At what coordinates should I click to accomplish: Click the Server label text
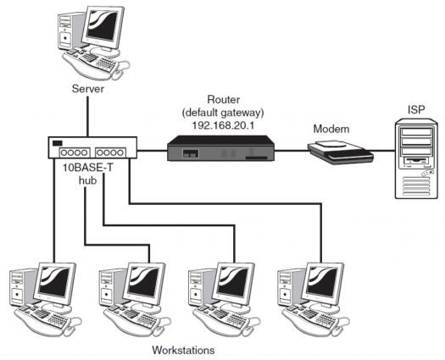click(88, 89)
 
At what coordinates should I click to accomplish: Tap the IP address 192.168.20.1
click(223, 125)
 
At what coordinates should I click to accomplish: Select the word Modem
click(331, 129)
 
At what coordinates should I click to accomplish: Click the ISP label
click(416, 109)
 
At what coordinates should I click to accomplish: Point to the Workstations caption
click(183, 350)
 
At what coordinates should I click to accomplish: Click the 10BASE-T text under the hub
click(87, 168)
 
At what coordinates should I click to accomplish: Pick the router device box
click(220, 148)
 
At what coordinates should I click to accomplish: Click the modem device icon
click(341, 152)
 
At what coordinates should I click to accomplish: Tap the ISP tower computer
click(416, 159)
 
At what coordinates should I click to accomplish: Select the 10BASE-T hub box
click(92, 147)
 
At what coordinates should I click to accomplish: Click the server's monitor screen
click(103, 25)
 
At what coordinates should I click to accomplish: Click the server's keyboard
click(90, 63)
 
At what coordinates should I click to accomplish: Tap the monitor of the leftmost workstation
click(55, 282)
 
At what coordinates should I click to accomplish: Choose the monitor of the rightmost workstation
click(323, 282)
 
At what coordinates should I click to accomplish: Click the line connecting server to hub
click(87, 117)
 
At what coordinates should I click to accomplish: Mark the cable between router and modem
click(292, 151)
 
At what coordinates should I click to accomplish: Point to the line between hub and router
click(152, 151)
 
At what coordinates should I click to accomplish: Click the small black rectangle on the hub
click(58, 143)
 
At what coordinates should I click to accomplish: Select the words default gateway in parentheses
click(223, 113)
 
